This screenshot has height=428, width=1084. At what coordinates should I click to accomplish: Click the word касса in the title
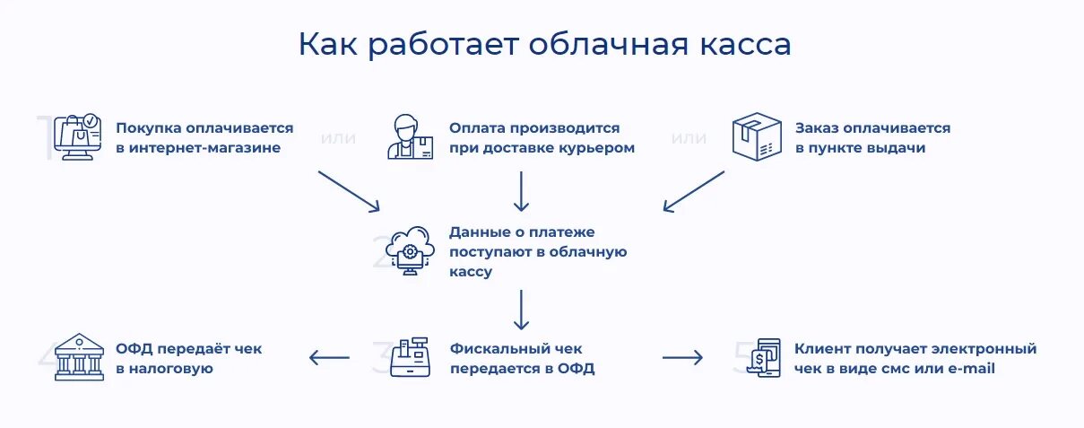pos(745,45)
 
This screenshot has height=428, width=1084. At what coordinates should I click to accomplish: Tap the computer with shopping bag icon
pos(76,137)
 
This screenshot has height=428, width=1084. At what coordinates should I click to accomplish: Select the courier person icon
pos(410,137)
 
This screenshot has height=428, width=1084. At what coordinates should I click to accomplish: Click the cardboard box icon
pos(752,137)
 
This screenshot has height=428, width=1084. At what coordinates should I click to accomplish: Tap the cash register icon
pos(411,357)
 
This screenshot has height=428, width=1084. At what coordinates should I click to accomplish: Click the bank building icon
pos(79,357)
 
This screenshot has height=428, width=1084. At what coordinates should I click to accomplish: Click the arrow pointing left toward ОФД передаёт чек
pos(329,358)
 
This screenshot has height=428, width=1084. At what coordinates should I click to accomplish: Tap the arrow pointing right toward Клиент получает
pos(682,358)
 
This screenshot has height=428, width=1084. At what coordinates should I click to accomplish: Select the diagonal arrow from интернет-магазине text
pos(349,191)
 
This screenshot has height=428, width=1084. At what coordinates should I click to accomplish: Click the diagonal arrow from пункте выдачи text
pos(694,191)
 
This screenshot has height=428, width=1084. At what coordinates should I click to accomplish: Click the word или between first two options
pos(338,139)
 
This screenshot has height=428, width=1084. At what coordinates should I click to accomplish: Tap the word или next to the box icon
pos(689,139)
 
